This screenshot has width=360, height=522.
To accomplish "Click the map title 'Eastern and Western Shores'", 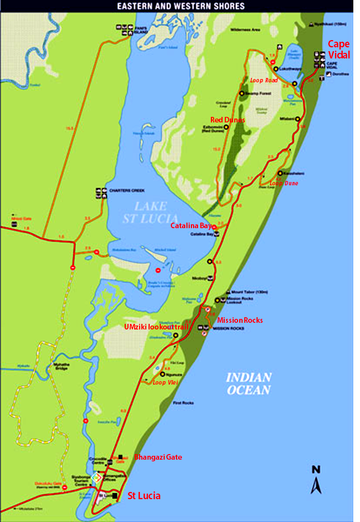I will pyautogui.click(x=180, y=6).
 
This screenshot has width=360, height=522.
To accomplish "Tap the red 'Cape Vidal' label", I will pyautogui.click(x=339, y=49).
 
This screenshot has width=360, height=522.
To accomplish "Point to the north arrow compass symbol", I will pyautogui.click(x=316, y=479).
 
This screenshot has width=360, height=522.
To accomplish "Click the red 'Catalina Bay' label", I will pyautogui.click(x=191, y=226).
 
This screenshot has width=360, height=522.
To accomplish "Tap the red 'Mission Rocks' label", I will pyautogui.click(x=240, y=320).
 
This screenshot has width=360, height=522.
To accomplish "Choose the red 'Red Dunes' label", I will pyautogui.click(x=228, y=120).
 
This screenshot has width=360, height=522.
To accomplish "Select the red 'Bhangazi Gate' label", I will pyautogui.click(x=158, y=457).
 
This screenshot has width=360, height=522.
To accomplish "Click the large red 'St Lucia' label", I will pyautogui.click(x=144, y=495).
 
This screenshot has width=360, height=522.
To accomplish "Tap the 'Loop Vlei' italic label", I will pyautogui.click(x=164, y=383).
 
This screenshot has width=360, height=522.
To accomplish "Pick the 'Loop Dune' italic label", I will pyautogui.click(x=284, y=183).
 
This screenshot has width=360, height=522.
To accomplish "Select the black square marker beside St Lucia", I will pyautogui.click(x=115, y=495).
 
